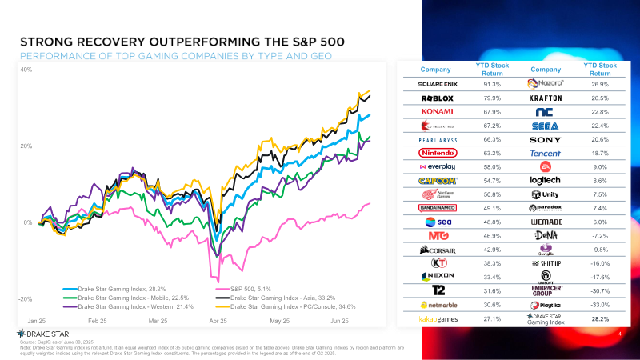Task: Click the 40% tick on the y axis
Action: (x=26, y=70)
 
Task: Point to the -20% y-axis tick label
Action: (x=25, y=298)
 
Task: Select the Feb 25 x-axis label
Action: (x=98, y=320)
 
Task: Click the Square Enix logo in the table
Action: (x=438, y=84)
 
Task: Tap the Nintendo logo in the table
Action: (x=438, y=152)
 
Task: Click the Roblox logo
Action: (x=438, y=98)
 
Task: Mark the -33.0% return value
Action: (x=600, y=304)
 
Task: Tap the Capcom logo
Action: (x=438, y=180)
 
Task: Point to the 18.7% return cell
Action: (x=600, y=152)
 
